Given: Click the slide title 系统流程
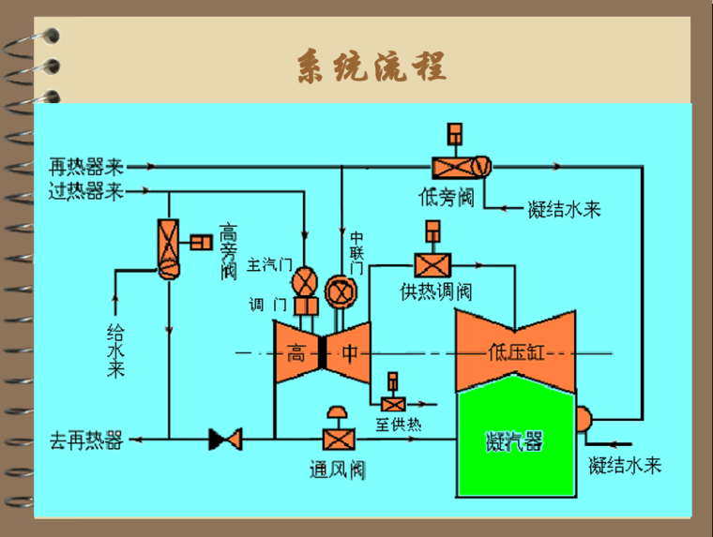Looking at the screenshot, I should pos(372,67).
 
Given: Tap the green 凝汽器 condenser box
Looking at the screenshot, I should pos(514,440).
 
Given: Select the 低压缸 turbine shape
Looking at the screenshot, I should pos(514,352).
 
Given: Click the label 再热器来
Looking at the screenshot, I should pos(86,168).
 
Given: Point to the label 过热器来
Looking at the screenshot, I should pos(86,193).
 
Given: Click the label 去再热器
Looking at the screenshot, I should pos(86,440).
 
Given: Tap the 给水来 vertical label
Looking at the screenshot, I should pos(115,350).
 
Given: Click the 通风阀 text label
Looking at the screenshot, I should pos(337,470).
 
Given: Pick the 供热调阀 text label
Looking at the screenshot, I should pos(435,291).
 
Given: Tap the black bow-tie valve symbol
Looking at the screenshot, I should pos(225,439).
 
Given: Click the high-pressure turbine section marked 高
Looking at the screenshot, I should pos(296,353).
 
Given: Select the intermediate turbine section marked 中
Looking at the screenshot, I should pos(349,353).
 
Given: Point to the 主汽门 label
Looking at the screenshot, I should pos(270,265).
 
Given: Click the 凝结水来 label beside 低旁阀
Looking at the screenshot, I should pos(564,209).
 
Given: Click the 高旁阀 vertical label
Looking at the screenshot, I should pos(227,250).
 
